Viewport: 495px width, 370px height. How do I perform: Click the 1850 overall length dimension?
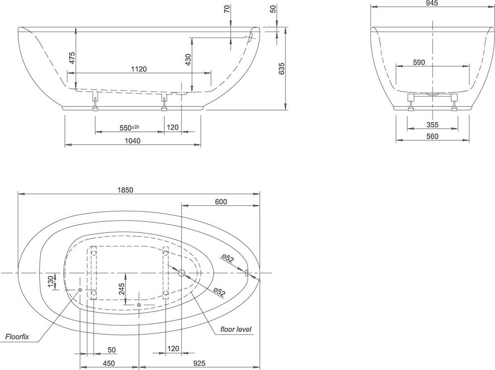click(x=125, y=190)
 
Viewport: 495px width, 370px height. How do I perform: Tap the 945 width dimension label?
click(x=432, y=3)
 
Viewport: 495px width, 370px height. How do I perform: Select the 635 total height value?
click(x=282, y=68)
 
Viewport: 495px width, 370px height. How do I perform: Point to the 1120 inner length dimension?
click(x=139, y=69)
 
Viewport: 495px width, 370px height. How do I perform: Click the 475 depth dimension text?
click(x=72, y=58)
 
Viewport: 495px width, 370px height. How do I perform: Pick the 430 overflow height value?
click(x=188, y=60)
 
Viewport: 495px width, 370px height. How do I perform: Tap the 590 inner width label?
click(x=419, y=62)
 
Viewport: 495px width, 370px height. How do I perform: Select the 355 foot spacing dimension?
click(x=432, y=125)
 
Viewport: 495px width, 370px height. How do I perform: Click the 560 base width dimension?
click(x=432, y=136)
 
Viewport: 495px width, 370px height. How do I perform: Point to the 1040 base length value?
click(x=133, y=141)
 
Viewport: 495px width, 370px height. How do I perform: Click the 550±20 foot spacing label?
click(x=129, y=128)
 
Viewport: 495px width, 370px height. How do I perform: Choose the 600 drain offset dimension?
click(x=220, y=202)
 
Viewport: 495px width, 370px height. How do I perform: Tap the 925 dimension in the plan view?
click(x=199, y=364)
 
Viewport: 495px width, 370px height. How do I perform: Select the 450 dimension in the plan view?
click(x=109, y=364)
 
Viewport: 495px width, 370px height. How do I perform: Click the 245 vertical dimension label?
click(x=121, y=289)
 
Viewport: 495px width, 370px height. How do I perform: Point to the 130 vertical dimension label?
click(x=51, y=281)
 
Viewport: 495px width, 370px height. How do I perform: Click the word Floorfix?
click(x=17, y=336)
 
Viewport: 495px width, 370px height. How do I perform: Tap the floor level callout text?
click(x=236, y=329)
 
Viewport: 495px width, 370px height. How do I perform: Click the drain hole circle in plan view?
click(x=181, y=273)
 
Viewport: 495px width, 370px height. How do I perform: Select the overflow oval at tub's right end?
click(x=247, y=273)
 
